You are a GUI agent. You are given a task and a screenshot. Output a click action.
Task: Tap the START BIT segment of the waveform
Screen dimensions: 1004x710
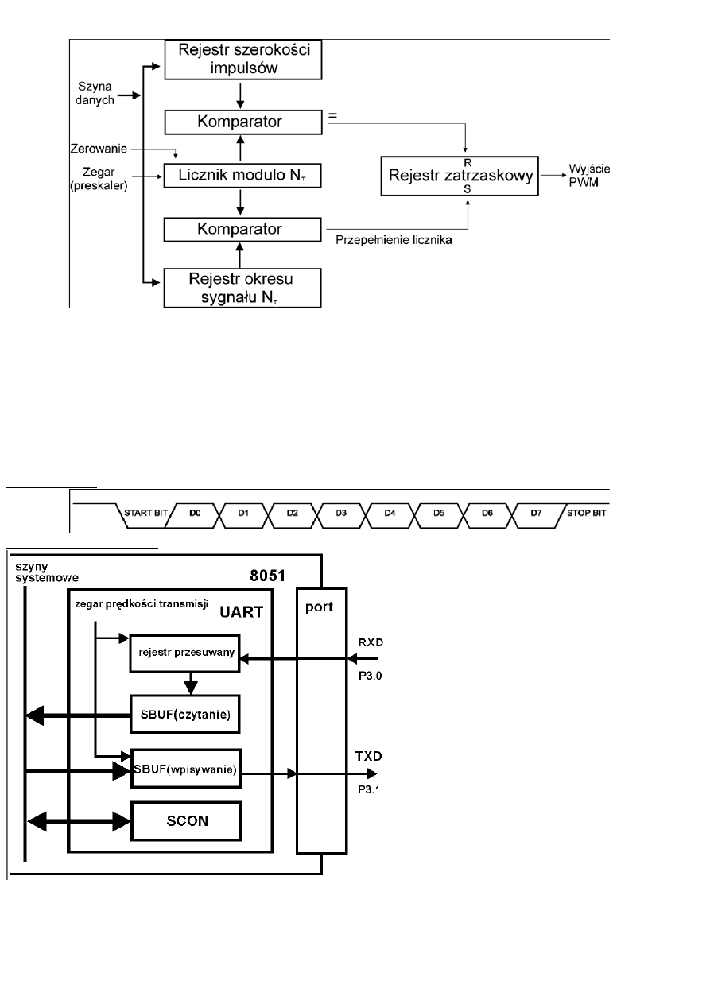[145, 513]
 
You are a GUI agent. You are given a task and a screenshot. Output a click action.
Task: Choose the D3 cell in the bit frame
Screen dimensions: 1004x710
[341, 513]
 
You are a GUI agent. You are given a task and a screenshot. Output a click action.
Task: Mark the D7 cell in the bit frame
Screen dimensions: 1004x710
[536, 513]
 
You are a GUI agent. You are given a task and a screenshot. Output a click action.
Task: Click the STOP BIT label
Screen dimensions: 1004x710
[588, 513]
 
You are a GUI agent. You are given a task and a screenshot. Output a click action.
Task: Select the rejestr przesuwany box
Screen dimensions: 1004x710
[184, 653]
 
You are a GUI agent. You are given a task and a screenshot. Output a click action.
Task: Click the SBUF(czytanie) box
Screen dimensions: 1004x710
[184, 715]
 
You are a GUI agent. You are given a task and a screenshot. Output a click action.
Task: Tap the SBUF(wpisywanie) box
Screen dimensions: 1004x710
[184, 769]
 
